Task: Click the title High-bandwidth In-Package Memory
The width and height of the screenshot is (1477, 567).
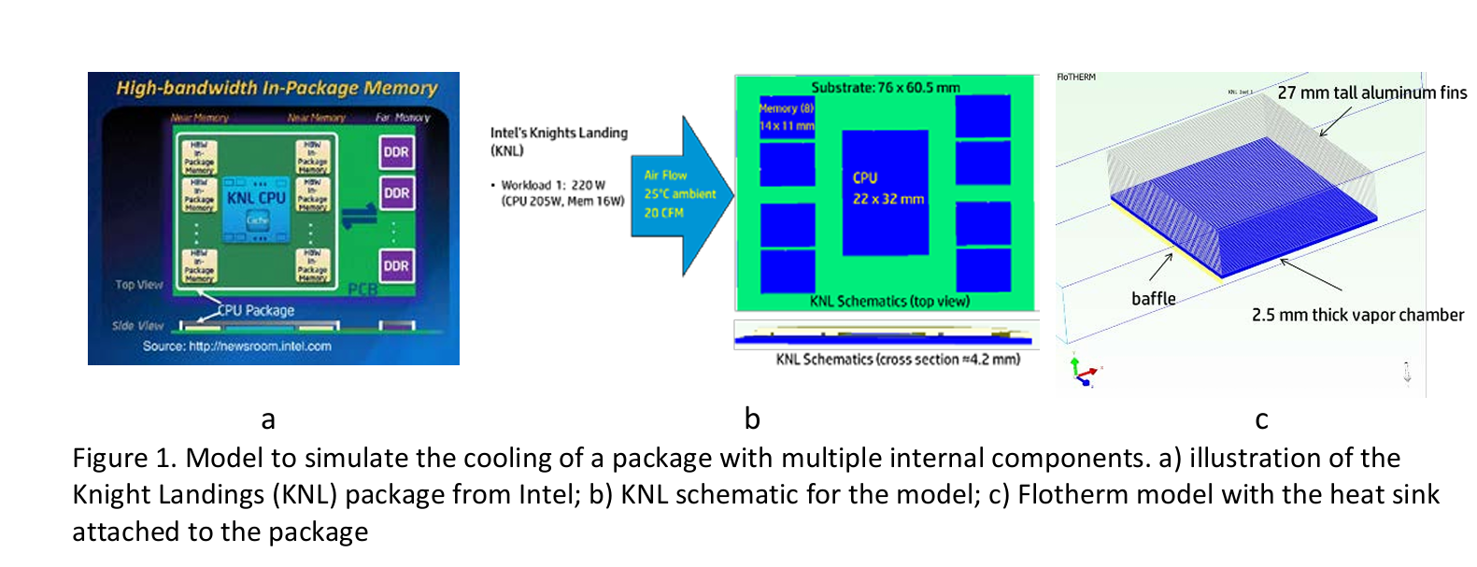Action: tap(277, 88)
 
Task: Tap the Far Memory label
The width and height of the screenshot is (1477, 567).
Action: tap(403, 118)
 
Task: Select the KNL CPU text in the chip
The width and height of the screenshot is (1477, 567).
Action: tap(256, 198)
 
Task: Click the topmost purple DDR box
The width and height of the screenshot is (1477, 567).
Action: tap(396, 152)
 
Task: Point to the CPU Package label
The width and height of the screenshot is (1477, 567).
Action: tap(256, 310)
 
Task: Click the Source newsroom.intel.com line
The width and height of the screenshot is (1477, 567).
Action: tap(237, 346)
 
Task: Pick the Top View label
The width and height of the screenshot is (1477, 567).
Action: tap(139, 284)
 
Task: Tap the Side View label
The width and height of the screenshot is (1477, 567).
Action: tap(137, 326)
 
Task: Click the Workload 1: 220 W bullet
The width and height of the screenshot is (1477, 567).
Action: tap(553, 185)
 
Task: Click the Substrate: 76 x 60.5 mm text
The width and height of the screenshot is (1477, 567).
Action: tap(886, 88)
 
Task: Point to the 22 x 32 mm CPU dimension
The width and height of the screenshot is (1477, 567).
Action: tap(888, 199)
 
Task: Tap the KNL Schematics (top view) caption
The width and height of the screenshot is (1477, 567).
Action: tap(889, 301)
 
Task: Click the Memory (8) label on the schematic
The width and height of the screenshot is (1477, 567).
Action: tap(786, 108)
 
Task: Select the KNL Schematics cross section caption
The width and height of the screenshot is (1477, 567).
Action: tap(898, 359)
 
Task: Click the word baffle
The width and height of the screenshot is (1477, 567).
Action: tap(1154, 299)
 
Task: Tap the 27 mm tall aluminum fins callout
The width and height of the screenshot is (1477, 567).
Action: tap(1371, 92)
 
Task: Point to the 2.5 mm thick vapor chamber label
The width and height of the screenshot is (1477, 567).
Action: tap(1357, 315)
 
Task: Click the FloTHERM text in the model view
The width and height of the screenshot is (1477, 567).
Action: tap(1076, 77)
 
